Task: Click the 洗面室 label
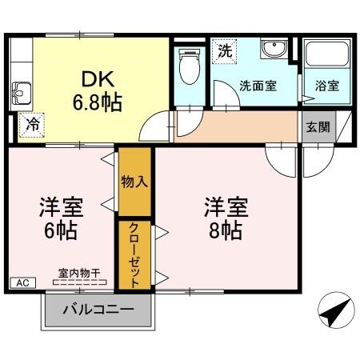coord(258,86)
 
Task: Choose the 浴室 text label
coord(326,86)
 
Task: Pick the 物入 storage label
coord(134,182)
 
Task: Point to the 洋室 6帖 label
coord(60,218)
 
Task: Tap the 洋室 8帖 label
coord(222,218)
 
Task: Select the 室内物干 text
coord(78,273)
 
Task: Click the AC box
coord(22,282)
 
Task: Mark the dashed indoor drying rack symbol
coord(78,282)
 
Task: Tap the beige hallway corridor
coord(240,126)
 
